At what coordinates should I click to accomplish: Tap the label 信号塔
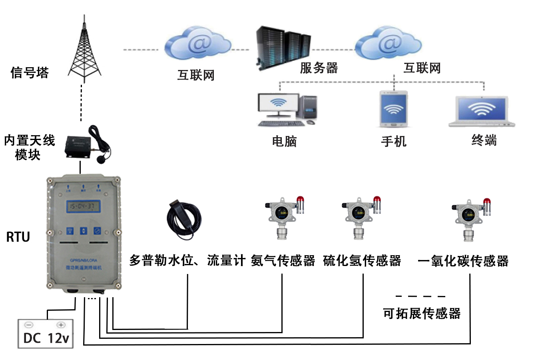(x=30, y=72)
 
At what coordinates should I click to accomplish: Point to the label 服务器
(x=319, y=68)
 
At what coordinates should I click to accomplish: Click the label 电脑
(x=284, y=141)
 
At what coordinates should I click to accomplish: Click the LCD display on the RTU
(x=83, y=206)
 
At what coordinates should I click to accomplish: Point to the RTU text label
(x=18, y=237)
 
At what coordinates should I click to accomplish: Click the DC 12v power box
(x=46, y=334)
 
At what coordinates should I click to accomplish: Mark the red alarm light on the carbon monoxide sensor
(x=486, y=204)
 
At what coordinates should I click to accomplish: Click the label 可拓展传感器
(x=422, y=313)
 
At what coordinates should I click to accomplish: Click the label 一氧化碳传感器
(x=463, y=261)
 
